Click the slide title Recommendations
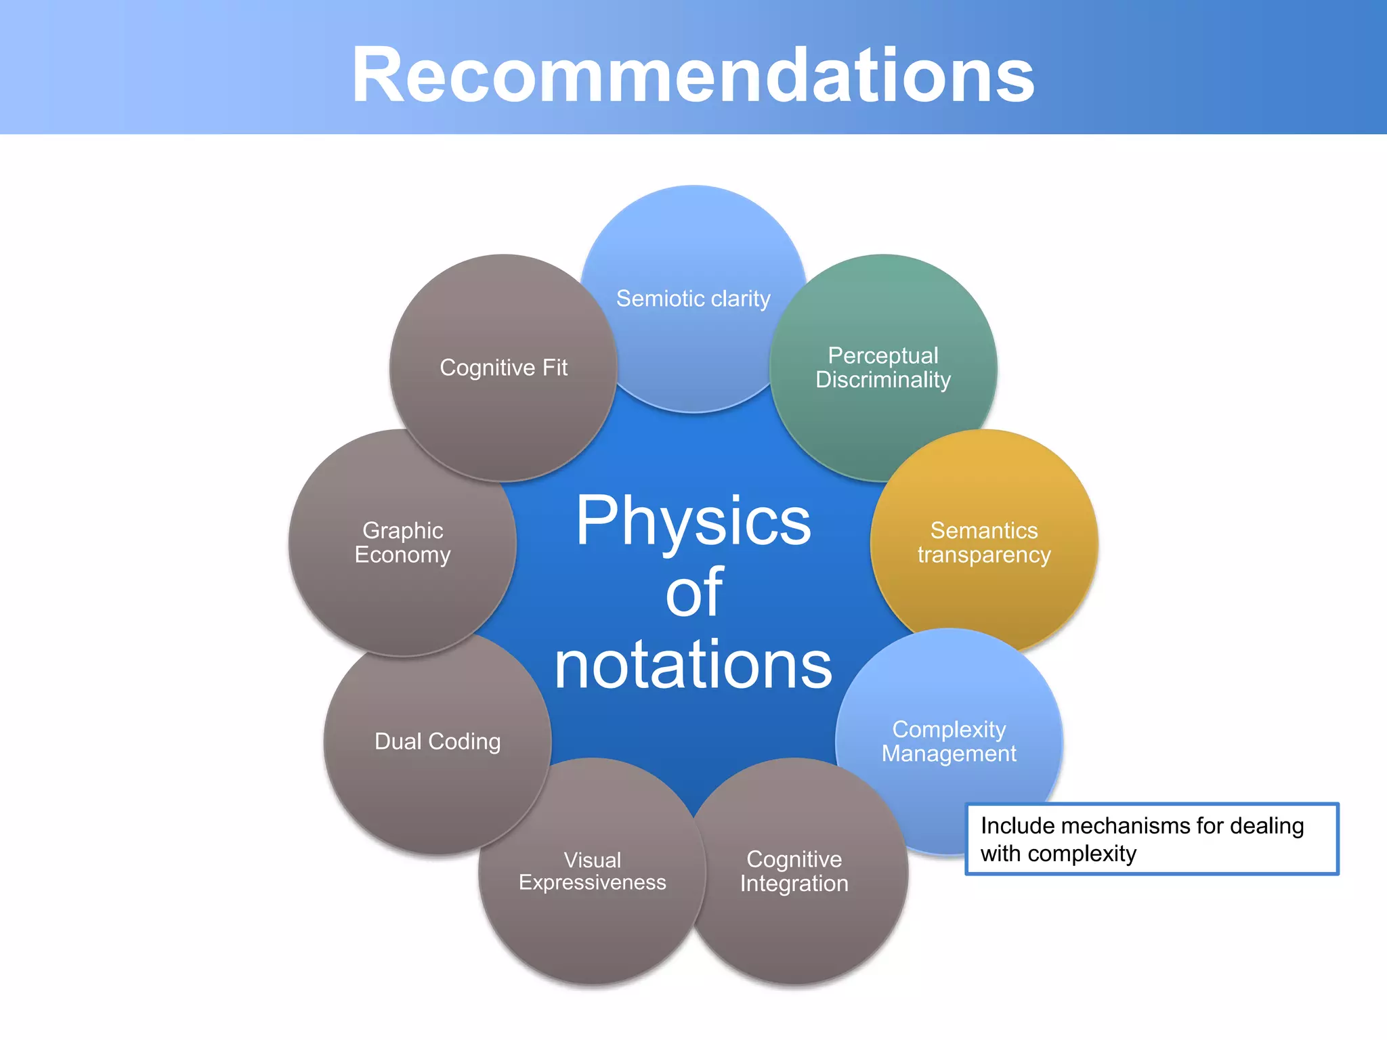pyautogui.click(x=693, y=74)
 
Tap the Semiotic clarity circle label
pyautogui.click(x=693, y=299)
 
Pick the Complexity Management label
pyautogui.click(x=948, y=741)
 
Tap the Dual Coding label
pyautogui.click(x=438, y=741)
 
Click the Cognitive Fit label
pyautogui.click(x=503, y=368)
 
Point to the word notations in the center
pyautogui.click(x=693, y=666)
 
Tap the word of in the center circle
pyautogui.click(x=693, y=592)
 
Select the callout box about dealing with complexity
pyautogui.click(x=1151, y=839)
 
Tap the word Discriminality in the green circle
pyautogui.click(x=883, y=380)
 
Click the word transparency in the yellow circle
pyautogui.click(x=983, y=555)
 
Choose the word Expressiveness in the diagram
pyautogui.click(x=592, y=883)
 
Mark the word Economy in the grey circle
pyautogui.click(x=402, y=555)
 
